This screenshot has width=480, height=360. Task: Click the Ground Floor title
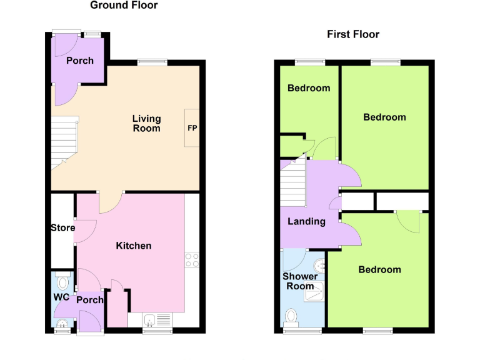124,6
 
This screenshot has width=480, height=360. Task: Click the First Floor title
353,34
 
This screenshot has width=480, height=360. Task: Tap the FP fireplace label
192,128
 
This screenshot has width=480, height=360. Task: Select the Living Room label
146,123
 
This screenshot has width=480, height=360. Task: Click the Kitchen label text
134,246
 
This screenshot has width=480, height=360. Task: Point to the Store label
62,228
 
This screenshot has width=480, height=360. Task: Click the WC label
61,296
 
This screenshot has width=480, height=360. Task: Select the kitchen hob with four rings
192,260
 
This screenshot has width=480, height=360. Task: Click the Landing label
306,221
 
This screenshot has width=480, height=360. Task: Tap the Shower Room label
300,281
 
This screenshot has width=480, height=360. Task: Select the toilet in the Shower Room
291,318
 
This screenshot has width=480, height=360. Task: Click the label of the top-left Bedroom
308,88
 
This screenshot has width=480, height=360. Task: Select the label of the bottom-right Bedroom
379,269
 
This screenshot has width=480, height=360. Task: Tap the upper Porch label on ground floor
80,61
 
